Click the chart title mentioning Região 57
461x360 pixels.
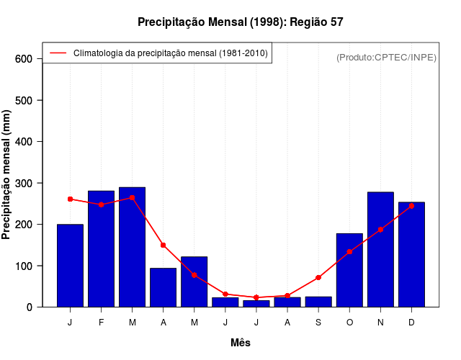241,22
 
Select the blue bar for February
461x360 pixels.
101,248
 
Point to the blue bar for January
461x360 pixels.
70,266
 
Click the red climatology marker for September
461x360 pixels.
318,277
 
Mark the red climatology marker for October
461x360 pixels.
349,252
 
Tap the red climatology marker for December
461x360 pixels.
411,206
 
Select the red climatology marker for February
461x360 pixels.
101,204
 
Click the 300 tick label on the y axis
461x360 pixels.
24,184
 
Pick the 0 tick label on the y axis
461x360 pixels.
30,307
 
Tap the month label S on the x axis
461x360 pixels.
318,323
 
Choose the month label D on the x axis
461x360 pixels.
411,323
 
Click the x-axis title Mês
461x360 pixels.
241,343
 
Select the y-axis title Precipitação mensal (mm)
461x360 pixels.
7,175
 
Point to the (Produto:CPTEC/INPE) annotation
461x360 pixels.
386,57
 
